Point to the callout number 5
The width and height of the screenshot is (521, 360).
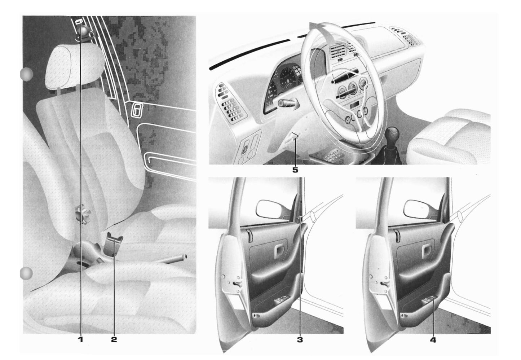[x=295, y=170]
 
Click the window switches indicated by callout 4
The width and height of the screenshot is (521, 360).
[x=429, y=299]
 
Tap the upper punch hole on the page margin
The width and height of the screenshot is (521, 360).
[x=26, y=74]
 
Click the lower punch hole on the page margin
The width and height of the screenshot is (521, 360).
[x=26, y=273]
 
